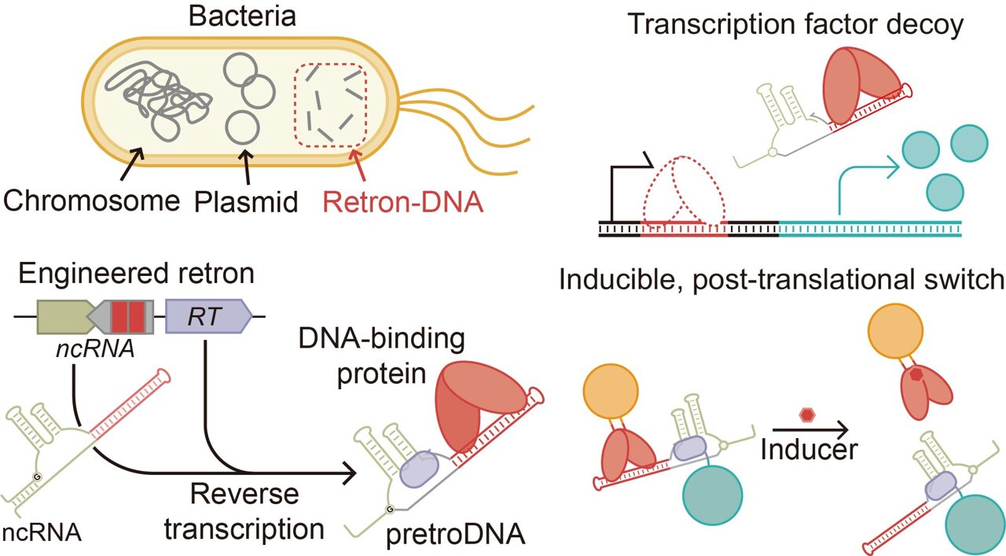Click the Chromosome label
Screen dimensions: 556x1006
[90, 201]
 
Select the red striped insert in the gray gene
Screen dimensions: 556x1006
[127, 317]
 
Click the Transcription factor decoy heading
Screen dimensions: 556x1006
[795, 25]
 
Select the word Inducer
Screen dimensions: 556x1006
[810, 449]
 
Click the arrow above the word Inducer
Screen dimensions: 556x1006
[810, 429]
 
